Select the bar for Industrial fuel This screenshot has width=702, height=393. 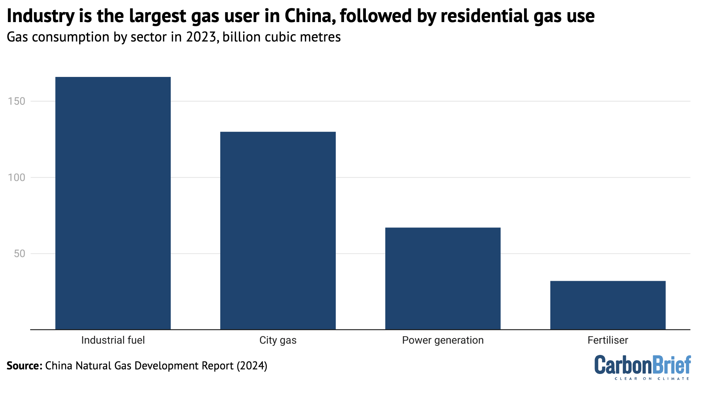[x=113, y=203]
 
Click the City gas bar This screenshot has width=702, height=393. [x=278, y=230]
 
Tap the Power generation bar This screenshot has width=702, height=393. [x=443, y=278]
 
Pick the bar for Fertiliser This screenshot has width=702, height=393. [x=608, y=305]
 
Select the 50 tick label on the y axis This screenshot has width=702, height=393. [x=19, y=254]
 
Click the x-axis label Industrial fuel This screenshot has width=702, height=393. [x=113, y=340]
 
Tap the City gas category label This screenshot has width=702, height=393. [x=278, y=340]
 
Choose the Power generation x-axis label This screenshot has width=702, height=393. [x=443, y=340]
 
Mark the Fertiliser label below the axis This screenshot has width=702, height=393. [x=608, y=340]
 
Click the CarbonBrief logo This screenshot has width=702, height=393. [x=643, y=365]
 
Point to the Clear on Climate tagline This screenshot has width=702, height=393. [x=652, y=379]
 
